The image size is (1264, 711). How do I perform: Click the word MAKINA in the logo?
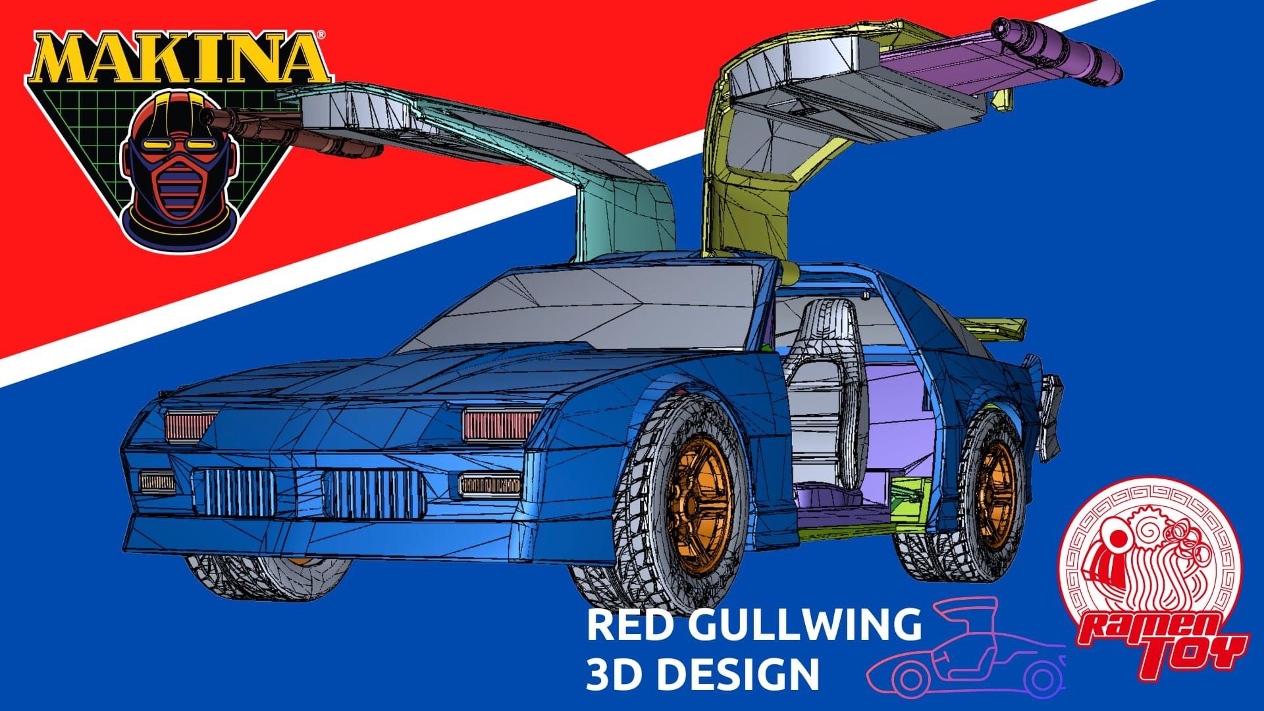177,59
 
